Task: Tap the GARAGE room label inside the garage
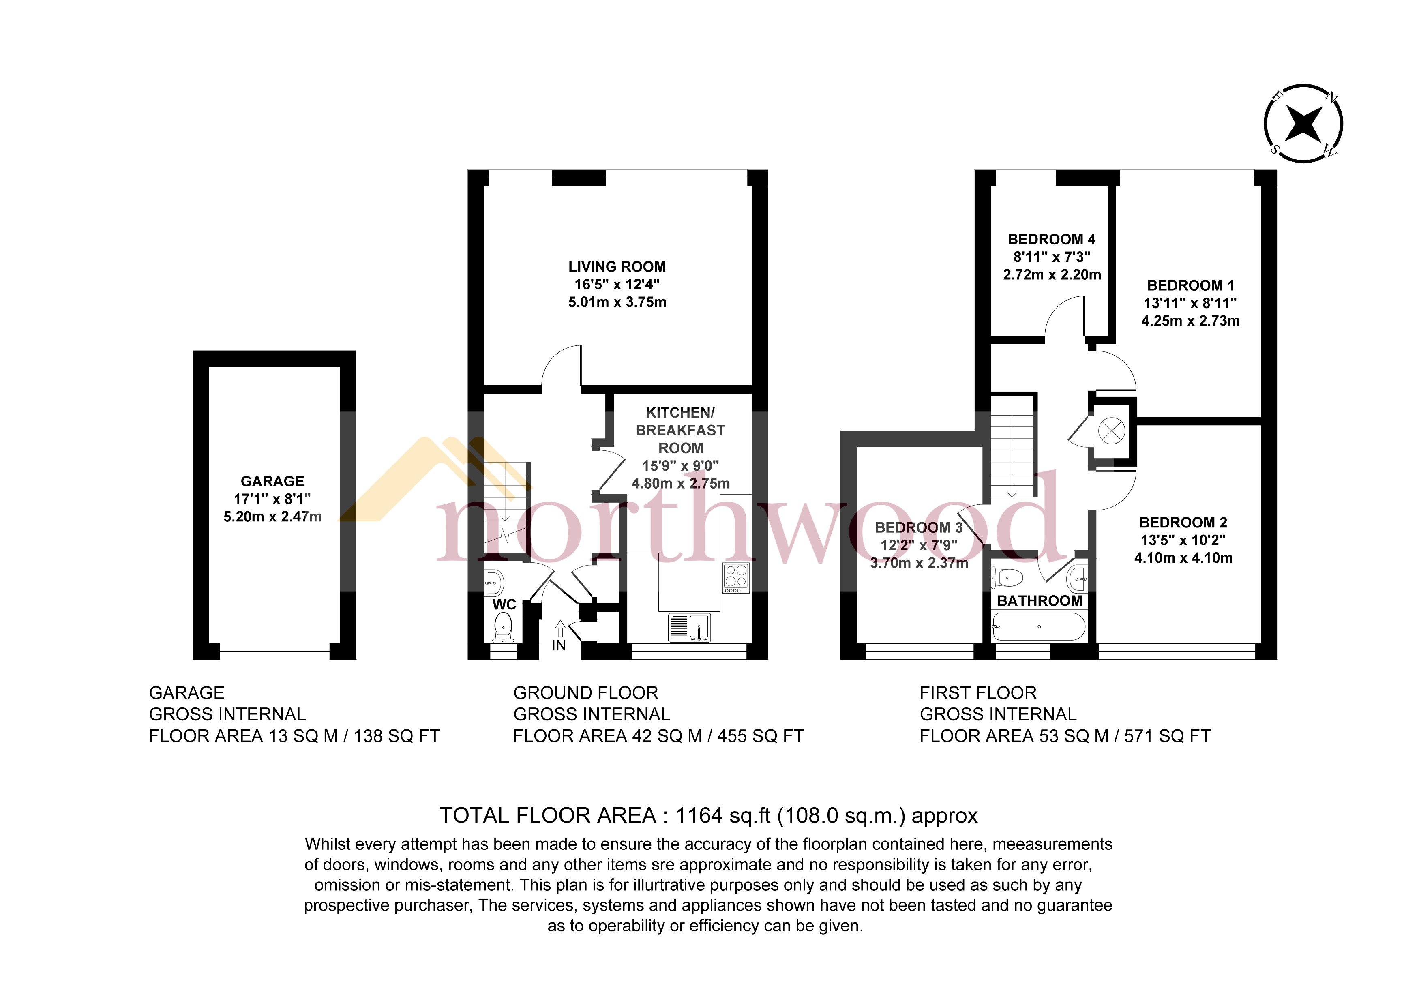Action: (x=272, y=481)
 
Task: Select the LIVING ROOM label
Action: (x=617, y=267)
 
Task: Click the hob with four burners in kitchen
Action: (x=735, y=577)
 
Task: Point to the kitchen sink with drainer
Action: (x=689, y=627)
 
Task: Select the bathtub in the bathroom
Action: (x=1038, y=627)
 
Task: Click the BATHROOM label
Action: (x=1040, y=601)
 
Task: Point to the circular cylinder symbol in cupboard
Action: (x=1110, y=431)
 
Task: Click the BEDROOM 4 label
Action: (x=1051, y=239)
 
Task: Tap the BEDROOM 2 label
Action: (x=1183, y=522)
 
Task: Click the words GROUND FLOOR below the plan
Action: (x=585, y=693)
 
